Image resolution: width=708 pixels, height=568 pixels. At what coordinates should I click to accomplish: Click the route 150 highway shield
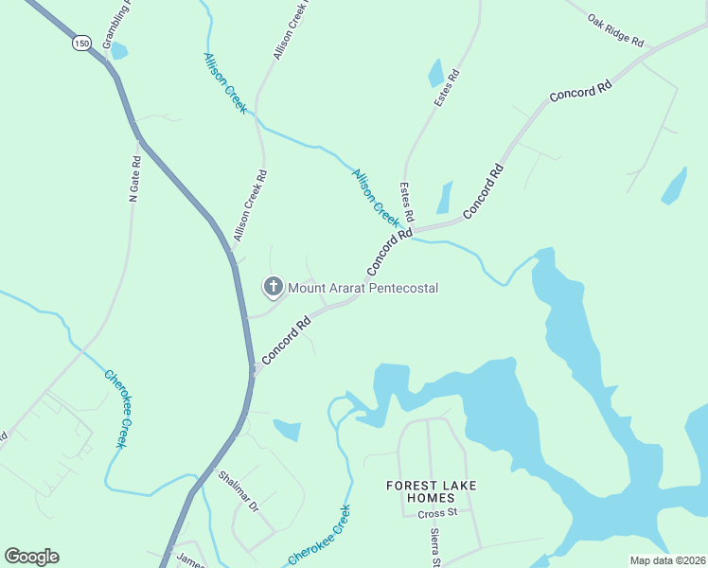tap(80, 43)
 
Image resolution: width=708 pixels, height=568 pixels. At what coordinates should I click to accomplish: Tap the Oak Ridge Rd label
tap(615, 31)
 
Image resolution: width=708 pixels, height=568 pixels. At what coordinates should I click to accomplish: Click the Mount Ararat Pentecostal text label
tap(363, 288)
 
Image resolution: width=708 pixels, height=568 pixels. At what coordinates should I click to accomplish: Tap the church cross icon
tap(273, 286)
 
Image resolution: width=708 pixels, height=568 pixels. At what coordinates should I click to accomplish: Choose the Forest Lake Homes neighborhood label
tap(431, 491)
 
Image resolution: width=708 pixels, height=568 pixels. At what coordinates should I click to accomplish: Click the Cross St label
tap(437, 513)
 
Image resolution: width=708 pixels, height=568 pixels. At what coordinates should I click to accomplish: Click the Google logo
tap(31, 556)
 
